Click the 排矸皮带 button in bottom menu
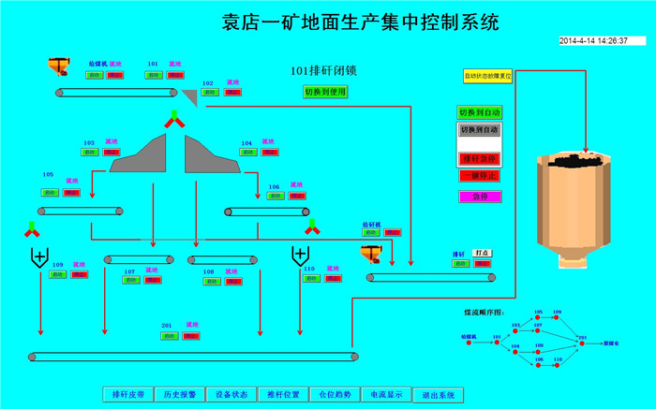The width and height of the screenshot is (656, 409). (127, 394)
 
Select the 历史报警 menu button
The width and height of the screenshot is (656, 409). (179, 394)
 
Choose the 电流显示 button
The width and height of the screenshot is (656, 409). (384, 394)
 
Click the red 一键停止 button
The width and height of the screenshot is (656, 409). (479, 175)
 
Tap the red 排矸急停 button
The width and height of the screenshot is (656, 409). (479, 158)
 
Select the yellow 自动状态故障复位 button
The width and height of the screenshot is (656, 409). (488, 76)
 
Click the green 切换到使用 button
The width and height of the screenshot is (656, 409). (324, 92)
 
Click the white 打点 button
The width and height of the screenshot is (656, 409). (482, 253)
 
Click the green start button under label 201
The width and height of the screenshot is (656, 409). (170, 335)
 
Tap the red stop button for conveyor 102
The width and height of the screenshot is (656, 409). (231, 94)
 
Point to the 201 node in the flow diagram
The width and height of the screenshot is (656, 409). (583, 336)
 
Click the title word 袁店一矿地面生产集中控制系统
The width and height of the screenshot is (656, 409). (360, 20)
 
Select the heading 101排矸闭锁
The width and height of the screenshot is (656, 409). (324, 71)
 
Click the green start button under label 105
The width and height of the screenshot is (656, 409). (49, 192)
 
